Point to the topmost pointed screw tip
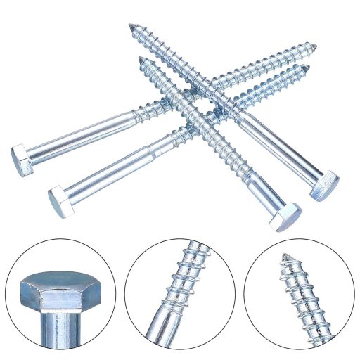point(131,27)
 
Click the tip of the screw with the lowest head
point(141,59)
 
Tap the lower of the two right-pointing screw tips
point(307,67)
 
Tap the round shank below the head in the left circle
point(62,330)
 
